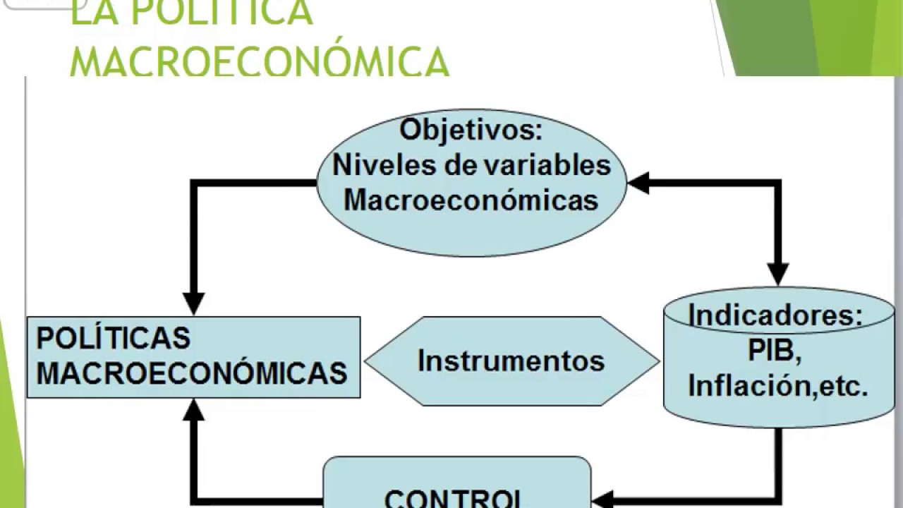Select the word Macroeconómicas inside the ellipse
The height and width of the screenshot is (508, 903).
click(x=471, y=200)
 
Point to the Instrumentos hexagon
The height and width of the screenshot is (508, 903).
click(x=511, y=361)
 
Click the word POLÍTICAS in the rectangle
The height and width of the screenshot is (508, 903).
click(x=114, y=338)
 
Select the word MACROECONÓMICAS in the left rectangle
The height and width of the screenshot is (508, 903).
click(x=192, y=373)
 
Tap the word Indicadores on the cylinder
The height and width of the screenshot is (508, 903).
click(x=775, y=315)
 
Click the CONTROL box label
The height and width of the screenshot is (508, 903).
click(x=455, y=498)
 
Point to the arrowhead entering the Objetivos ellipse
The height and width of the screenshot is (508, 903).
click(x=638, y=183)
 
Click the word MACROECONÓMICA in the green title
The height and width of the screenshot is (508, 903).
click(x=260, y=62)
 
